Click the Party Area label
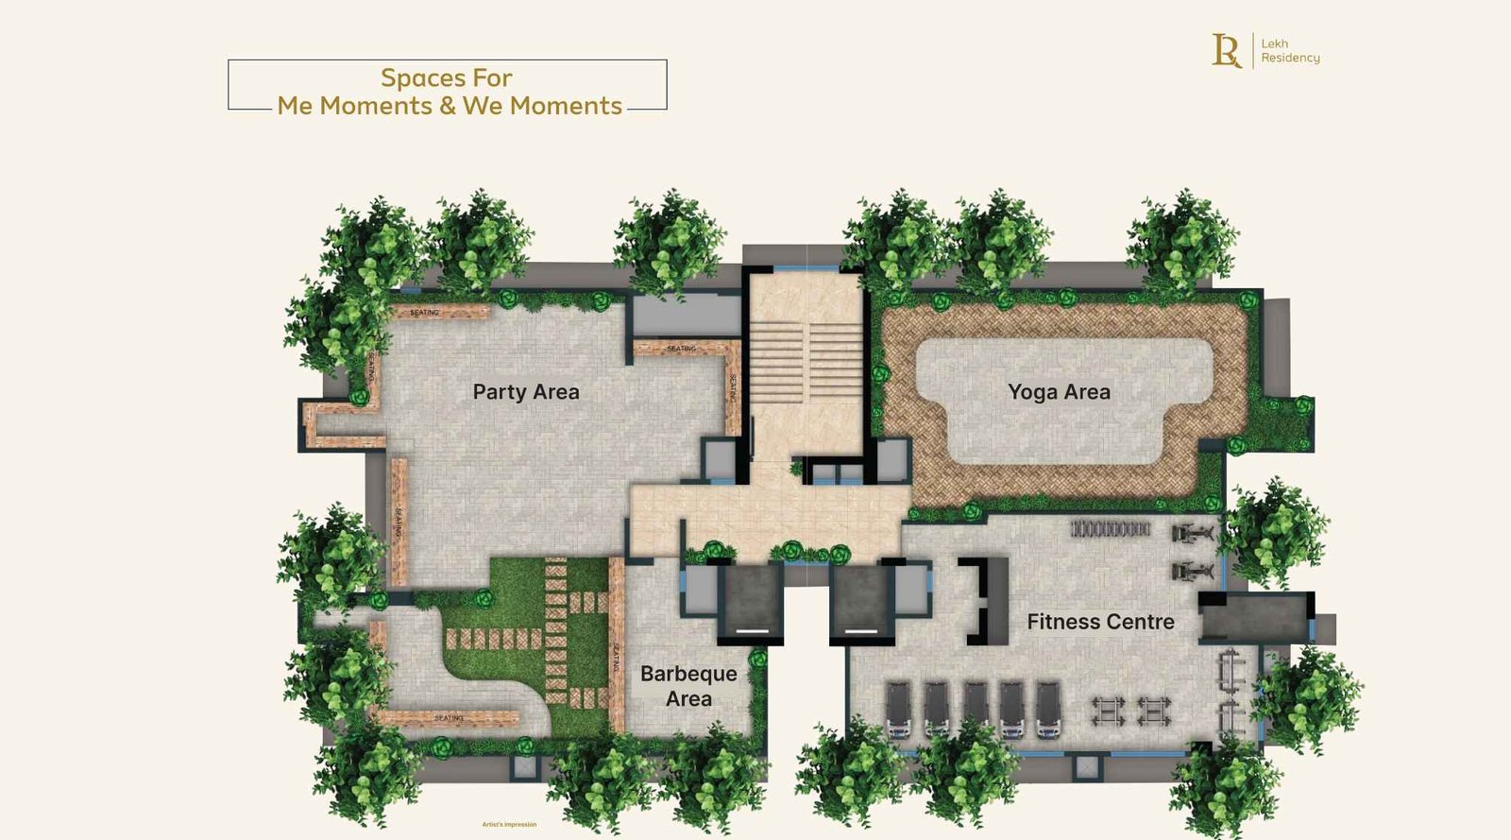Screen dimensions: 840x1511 click(526, 392)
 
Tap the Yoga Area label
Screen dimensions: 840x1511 click(1059, 392)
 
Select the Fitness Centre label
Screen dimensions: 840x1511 click(1100, 622)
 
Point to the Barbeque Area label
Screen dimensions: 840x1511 click(688, 686)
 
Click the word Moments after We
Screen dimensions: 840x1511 click(566, 106)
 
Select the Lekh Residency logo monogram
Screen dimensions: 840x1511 click(1226, 50)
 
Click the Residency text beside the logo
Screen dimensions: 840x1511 click(1290, 58)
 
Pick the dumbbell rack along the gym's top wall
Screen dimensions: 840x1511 click(1111, 529)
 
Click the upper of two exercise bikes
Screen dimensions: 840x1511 click(1192, 534)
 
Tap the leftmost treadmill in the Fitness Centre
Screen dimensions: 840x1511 click(898, 709)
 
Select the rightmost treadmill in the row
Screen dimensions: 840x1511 click(1048, 709)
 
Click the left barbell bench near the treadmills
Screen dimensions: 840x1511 click(1108, 710)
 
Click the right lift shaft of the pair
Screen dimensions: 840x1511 click(861, 604)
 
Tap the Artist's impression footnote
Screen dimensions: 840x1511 click(509, 825)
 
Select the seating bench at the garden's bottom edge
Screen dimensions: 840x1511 click(448, 718)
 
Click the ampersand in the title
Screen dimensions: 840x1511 click(447, 106)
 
